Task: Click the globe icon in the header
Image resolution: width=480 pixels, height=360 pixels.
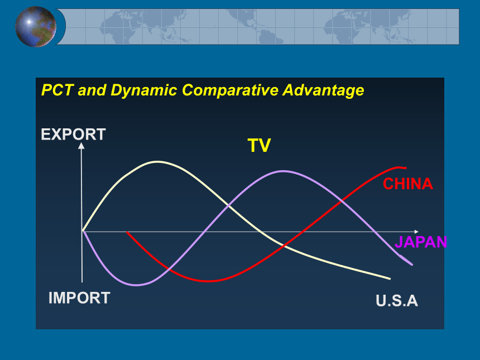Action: click(x=36, y=27)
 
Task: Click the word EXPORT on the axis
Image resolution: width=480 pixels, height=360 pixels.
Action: click(x=74, y=135)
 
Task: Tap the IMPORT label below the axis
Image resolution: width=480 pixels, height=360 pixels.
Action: click(x=79, y=298)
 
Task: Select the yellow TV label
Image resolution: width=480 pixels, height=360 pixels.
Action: click(x=259, y=145)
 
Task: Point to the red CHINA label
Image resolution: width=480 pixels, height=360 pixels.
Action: click(x=408, y=184)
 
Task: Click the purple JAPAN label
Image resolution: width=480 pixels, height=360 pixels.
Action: click(x=421, y=242)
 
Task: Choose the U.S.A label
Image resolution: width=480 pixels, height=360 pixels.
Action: click(x=397, y=301)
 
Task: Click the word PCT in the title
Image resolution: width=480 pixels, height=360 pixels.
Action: click(x=57, y=90)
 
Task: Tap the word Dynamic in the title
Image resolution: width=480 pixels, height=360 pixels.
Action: click(x=144, y=90)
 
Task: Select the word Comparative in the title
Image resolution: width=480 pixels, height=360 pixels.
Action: click(x=230, y=90)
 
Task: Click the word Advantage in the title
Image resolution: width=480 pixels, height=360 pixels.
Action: click(x=323, y=90)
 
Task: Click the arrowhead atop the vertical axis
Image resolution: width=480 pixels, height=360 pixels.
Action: click(x=81, y=146)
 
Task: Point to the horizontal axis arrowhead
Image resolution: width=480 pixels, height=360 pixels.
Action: click(x=416, y=232)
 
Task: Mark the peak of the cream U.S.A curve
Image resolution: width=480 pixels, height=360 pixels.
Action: click(x=157, y=161)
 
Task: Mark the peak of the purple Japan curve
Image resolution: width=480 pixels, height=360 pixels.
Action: click(x=284, y=171)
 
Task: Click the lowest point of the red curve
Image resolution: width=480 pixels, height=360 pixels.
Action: click(x=208, y=281)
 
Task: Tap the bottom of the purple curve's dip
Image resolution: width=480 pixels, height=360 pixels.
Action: click(x=137, y=285)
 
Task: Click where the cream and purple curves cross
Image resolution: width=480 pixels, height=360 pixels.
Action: click(x=228, y=205)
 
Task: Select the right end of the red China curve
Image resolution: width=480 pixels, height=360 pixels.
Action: click(x=406, y=168)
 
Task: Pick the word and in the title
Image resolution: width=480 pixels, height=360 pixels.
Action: click(x=92, y=90)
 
